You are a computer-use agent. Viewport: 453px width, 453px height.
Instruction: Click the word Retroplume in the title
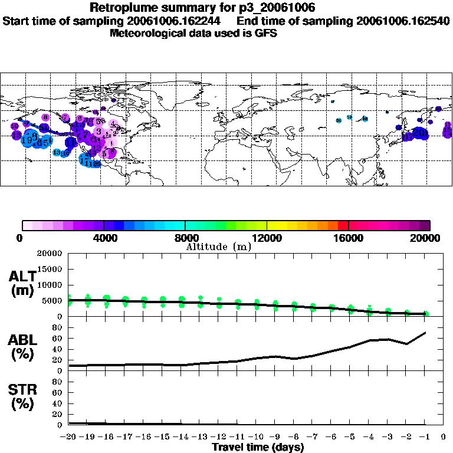click(x=122, y=8)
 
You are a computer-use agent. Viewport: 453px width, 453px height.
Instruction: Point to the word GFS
click(x=266, y=33)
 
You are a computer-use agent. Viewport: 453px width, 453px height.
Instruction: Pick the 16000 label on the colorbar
click(x=348, y=238)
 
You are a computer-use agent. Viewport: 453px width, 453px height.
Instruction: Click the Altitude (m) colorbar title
click(x=218, y=247)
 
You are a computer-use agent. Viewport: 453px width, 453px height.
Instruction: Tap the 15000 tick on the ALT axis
click(x=50, y=270)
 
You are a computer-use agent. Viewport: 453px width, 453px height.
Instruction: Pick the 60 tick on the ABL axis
click(x=58, y=339)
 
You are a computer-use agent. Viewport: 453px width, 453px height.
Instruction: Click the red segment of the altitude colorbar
click(x=343, y=225)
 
